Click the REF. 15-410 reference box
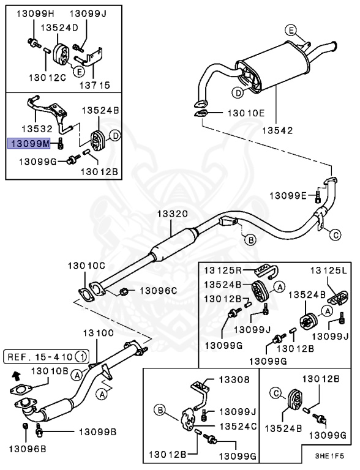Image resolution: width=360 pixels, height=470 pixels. pos(47,356)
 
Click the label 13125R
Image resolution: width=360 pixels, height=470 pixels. pos(224,270)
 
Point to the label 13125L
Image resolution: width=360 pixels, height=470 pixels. pos(328,270)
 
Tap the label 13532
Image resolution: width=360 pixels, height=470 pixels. pos(39,129)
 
